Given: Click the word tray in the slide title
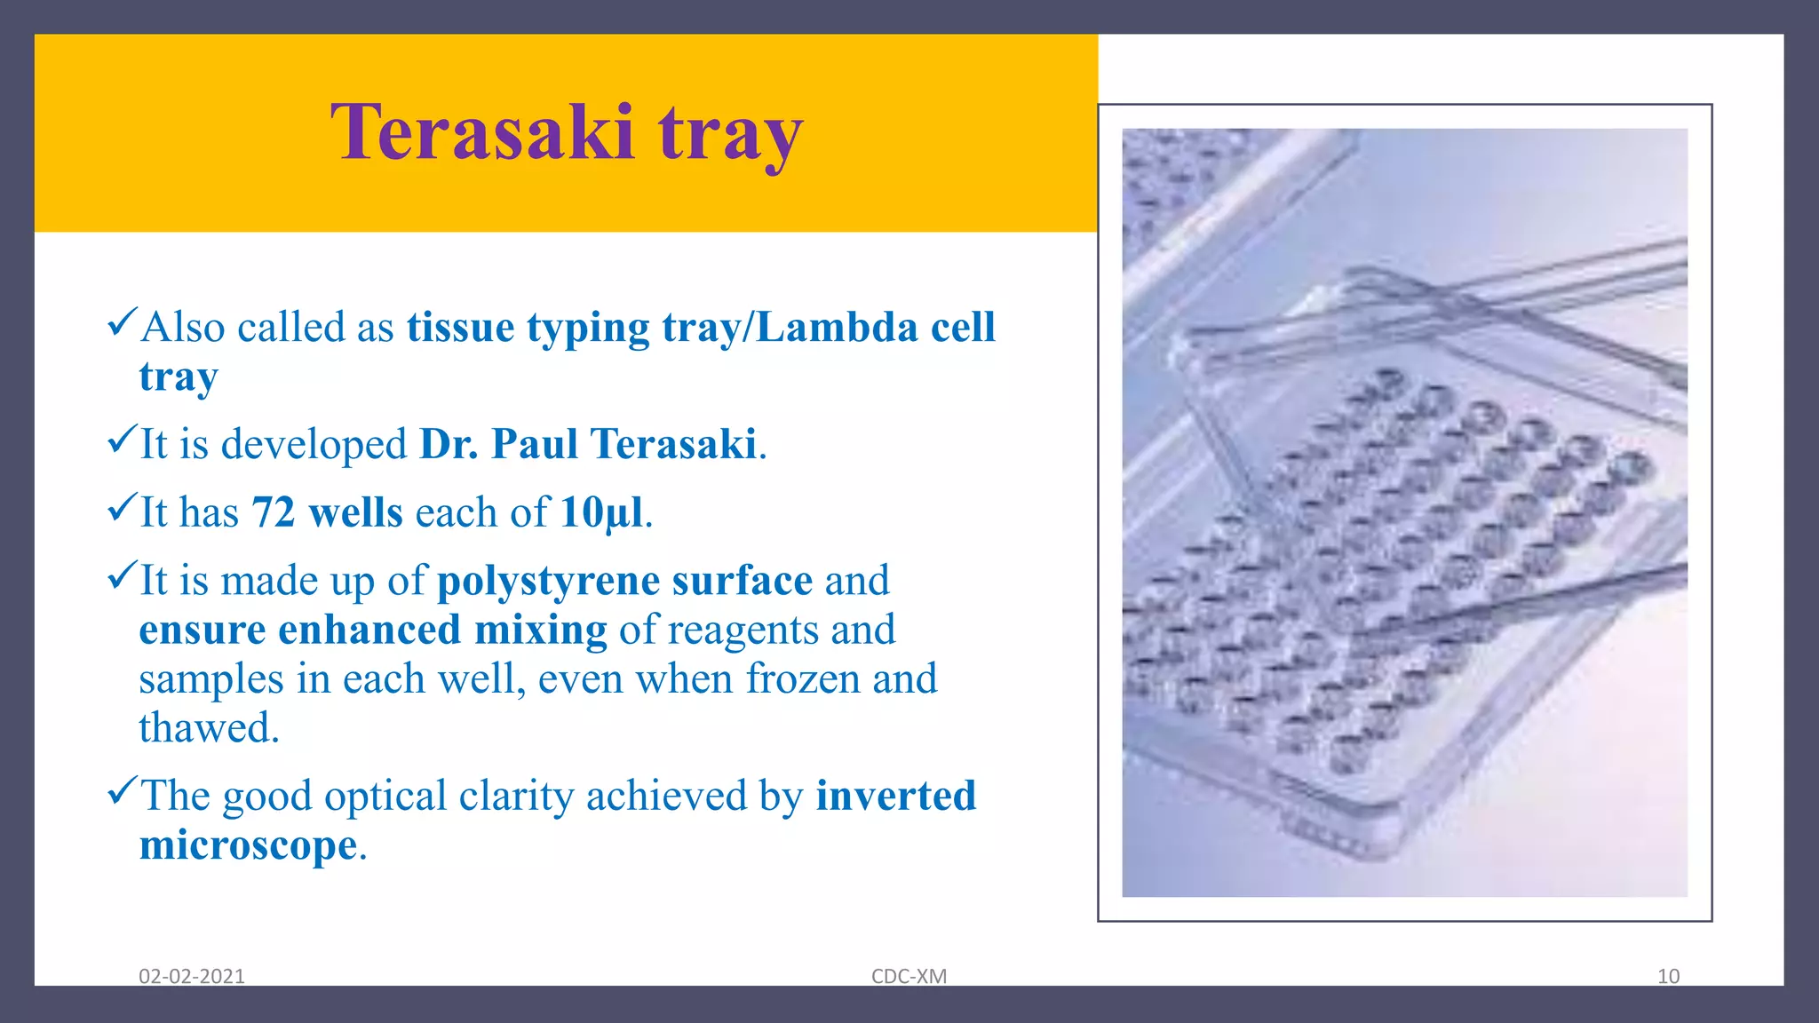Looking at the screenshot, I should click(x=730, y=135).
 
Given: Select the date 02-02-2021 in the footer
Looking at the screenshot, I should click(x=191, y=976).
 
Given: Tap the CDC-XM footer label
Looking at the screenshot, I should click(x=909, y=976).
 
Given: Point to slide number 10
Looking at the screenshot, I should click(x=1668, y=976).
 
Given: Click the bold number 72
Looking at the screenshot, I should click(x=273, y=512).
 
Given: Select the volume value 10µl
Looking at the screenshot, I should click(x=601, y=512).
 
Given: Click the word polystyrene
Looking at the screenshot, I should click(x=548, y=581).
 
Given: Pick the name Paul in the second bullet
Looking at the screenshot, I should click(x=535, y=444).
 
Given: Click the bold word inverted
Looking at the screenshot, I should click(x=895, y=796).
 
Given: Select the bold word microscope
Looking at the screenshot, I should click(x=248, y=845).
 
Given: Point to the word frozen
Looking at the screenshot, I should click(x=802, y=679).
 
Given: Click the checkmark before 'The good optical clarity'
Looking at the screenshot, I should click(x=122, y=789).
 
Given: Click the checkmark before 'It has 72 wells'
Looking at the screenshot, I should click(x=122, y=507).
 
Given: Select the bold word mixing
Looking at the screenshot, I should click(x=540, y=630).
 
